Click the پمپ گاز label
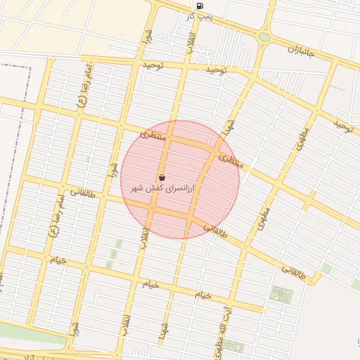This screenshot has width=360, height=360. pyautogui.click(x=204, y=15)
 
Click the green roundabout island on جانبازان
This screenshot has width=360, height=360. pyautogui.click(x=264, y=37)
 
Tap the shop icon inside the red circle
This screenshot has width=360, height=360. pyautogui.click(x=162, y=178)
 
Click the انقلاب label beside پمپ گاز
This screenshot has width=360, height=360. pyautogui.click(x=190, y=40)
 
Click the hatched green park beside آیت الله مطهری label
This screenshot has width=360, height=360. pyautogui.click(x=281, y=294)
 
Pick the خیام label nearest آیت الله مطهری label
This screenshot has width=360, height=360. pyautogui.click(x=204, y=294)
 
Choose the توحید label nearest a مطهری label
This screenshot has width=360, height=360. pyautogui.click(x=342, y=125)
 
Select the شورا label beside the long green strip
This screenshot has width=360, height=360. pyautogui.click(x=74, y=327)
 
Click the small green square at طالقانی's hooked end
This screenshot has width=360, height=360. pyautogui.click(x=326, y=269)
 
